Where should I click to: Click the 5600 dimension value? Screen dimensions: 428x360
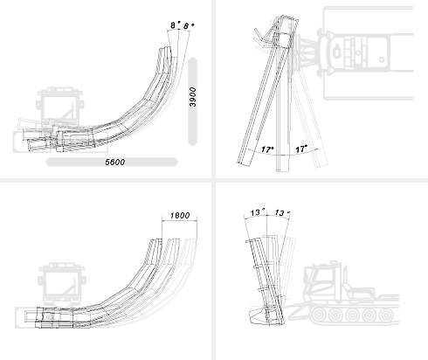pyautogui.click(x=114, y=163)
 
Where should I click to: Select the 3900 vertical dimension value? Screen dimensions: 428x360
pyautogui.click(x=193, y=97)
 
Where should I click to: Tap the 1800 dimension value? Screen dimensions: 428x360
pyautogui.click(x=180, y=216)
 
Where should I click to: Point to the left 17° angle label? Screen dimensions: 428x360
pyautogui.click(x=267, y=149)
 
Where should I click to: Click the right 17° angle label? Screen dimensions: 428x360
pyautogui.click(x=301, y=149)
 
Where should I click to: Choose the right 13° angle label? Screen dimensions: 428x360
pyautogui.click(x=282, y=212)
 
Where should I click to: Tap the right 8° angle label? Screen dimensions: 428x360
pyautogui.click(x=189, y=26)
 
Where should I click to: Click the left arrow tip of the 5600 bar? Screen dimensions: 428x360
pyautogui.click(x=45, y=163)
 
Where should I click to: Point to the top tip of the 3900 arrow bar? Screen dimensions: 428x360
pyautogui.click(x=193, y=58)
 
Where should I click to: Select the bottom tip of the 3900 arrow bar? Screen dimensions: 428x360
pyautogui.click(x=193, y=145)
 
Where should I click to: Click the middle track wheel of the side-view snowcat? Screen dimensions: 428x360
pyautogui.click(x=353, y=315)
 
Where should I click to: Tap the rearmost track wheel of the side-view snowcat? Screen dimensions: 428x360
pyautogui.click(x=386, y=315)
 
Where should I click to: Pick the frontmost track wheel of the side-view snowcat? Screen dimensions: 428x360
pyautogui.click(x=319, y=315)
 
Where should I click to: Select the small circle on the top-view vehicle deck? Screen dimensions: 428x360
pyautogui.click(x=382, y=60)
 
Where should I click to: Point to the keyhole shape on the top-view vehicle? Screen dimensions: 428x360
pyautogui.click(x=337, y=52)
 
